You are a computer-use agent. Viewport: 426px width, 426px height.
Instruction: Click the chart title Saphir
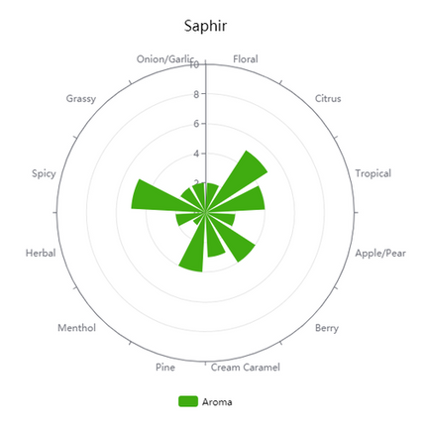[205, 26]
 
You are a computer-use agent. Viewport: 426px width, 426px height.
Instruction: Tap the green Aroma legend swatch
[188, 401]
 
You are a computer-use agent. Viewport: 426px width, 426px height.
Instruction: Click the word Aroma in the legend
[217, 402]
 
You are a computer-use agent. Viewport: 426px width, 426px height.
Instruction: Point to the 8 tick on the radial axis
[196, 94]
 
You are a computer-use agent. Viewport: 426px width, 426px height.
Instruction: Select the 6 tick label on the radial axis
[196, 124]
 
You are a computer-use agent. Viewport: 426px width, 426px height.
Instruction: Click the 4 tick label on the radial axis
[196, 154]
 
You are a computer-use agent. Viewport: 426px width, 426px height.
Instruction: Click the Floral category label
[246, 59]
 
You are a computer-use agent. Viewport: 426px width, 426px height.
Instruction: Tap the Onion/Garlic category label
[165, 59]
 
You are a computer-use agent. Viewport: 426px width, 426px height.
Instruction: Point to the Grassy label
[81, 99]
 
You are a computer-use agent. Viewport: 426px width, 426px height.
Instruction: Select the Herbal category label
[41, 254]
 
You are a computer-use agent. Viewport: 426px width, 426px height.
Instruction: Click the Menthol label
[76, 328]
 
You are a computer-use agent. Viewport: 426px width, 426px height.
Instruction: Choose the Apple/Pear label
[380, 254]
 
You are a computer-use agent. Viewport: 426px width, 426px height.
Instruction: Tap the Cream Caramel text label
[246, 368]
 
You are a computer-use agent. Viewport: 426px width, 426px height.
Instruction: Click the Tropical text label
[373, 173]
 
